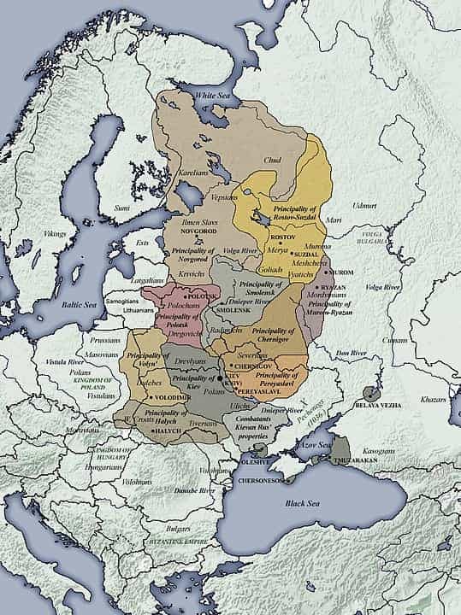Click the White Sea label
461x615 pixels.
[x=216, y=95]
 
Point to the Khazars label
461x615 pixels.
[x=434, y=399]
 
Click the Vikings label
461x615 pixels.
[x=55, y=233]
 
